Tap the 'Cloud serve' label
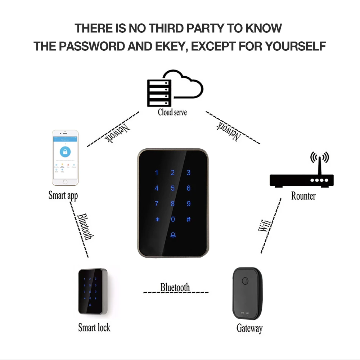[x=172, y=112]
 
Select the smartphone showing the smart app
[x=65, y=157]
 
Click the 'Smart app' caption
[x=63, y=195]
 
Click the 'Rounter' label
[x=303, y=196]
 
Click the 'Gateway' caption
[x=249, y=328]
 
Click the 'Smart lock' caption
[x=94, y=327]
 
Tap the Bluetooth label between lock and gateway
[x=175, y=287]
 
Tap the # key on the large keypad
[x=188, y=219]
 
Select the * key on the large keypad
[x=157, y=220]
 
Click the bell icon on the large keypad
[x=173, y=234]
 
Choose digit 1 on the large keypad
[x=157, y=173]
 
